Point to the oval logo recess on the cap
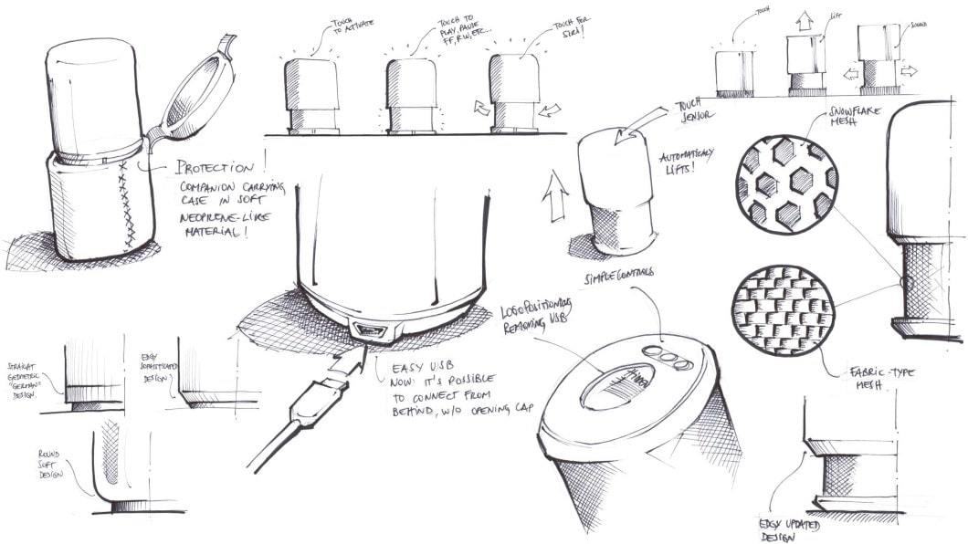point(620,387)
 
